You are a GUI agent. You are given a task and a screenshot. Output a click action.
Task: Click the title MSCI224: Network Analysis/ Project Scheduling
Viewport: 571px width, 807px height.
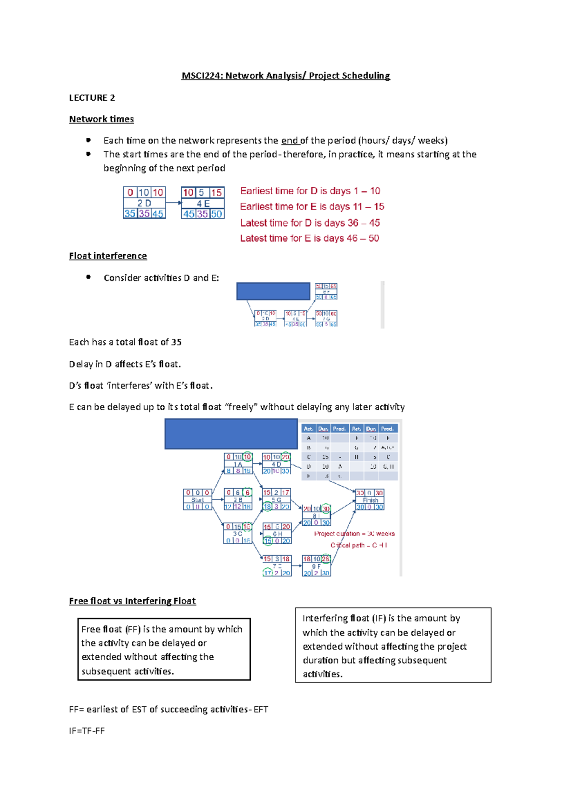[x=285, y=76]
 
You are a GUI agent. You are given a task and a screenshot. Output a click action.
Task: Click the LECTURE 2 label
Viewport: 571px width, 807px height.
[x=92, y=98]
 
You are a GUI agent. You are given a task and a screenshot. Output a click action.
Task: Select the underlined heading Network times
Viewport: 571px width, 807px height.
[x=101, y=119]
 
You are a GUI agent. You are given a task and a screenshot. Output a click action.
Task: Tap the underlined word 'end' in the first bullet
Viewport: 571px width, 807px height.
[x=289, y=141]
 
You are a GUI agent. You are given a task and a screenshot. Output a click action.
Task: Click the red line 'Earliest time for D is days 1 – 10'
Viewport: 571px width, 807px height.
[x=310, y=191]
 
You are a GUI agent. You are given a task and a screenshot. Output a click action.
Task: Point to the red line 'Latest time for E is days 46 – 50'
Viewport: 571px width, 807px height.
[x=309, y=239]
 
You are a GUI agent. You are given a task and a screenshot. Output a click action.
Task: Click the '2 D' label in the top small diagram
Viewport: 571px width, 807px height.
[x=144, y=203]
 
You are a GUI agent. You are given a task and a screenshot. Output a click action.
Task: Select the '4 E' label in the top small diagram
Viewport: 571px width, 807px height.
[x=203, y=203]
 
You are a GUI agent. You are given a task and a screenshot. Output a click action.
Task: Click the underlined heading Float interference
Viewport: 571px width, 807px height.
[x=108, y=256]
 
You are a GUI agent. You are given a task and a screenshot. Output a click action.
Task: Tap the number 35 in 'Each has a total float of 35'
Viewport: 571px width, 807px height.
[x=176, y=342]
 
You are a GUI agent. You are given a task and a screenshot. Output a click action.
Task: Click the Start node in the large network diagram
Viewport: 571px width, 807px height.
[x=197, y=500]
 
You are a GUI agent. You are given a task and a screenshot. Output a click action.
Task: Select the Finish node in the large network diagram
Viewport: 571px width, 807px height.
[x=370, y=500]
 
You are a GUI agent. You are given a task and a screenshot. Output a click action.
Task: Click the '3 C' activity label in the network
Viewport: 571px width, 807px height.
[x=237, y=534]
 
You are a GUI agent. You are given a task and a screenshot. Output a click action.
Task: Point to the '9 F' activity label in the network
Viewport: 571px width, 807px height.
[x=316, y=567]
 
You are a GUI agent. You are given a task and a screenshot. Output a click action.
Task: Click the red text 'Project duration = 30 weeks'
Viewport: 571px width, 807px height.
[x=354, y=534]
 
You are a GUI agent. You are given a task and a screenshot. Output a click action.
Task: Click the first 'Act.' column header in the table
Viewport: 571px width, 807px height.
[x=308, y=429]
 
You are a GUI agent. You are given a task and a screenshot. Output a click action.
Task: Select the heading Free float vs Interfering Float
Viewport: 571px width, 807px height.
[x=132, y=601]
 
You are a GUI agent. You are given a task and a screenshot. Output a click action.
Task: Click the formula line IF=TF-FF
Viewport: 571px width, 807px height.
[x=87, y=731]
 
